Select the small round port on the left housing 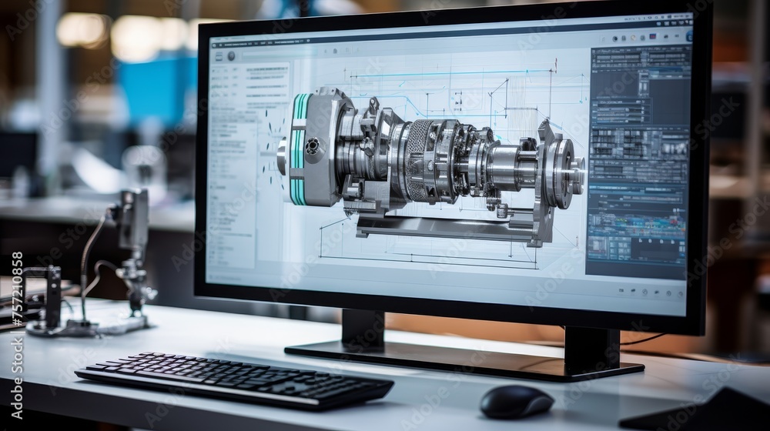(x=313, y=146)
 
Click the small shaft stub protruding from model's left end (x=282, y=156)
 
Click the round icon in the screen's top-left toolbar (x=231, y=56)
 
